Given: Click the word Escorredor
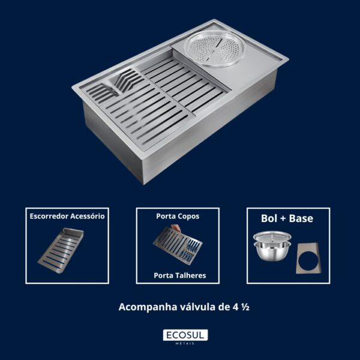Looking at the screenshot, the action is [x=49, y=216].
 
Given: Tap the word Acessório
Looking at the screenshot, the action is [x=88, y=216].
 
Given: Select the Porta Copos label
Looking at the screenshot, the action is [x=178, y=216].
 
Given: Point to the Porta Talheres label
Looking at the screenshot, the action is [x=180, y=275].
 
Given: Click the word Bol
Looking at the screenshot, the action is [x=269, y=218].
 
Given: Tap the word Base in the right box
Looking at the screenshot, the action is [x=301, y=218].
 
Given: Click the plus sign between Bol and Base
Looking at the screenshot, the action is [x=283, y=219].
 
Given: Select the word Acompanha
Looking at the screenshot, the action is [x=148, y=307].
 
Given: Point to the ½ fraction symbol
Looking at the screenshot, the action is [x=245, y=307].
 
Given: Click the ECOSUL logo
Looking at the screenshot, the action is [x=185, y=335].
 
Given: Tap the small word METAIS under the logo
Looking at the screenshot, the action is [x=185, y=343].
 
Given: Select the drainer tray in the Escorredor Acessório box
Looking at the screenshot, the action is [x=61, y=250].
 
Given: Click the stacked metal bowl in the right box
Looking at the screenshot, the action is [x=272, y=245].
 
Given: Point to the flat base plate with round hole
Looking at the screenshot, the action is [x=308, y=259].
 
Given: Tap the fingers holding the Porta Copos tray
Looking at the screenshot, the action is [x=176, y=228].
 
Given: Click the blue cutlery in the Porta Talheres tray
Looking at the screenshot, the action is [x=190, y=251].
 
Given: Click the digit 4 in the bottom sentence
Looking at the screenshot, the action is [x=236, y=307].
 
